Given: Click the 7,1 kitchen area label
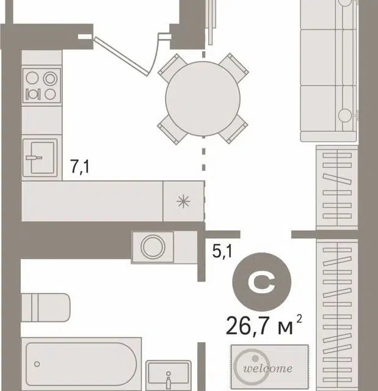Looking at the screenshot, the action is [x=80, y=167].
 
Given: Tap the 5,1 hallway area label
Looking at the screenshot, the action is [x=222, y=251].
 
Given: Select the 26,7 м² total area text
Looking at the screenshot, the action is [x=264, y=326].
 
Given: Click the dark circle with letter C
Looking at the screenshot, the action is [x=261, y=282].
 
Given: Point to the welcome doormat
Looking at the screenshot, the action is [x=270, y=366].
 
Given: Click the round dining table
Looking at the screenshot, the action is [x=203, y=99].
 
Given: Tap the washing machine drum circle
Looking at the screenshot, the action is [x=153, y=247].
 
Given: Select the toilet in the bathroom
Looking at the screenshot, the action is [x=46, y=307].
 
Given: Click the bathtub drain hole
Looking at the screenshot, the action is [x=37, y=364].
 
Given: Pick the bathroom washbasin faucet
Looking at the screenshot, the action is [x=169, y=379].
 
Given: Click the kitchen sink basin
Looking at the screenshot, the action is [x=40, y=158].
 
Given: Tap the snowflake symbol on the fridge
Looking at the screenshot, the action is [x=183, y=202].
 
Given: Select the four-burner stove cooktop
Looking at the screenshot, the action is [x=42, y=86].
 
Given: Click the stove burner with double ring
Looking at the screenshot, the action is [x=50, y=79].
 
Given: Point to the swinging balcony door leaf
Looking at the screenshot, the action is [x=122, y=56].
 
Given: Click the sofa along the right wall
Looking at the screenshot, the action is [x=329, y=71].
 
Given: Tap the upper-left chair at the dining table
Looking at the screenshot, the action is [x=172, y=67].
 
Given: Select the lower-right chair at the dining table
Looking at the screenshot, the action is [x=233, y=129].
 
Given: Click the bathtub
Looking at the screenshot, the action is [x=81, y=364].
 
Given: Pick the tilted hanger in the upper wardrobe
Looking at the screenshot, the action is [x=337, y=179].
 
